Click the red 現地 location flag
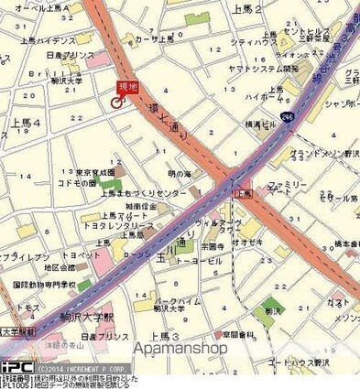point(127,87)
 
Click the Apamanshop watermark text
point(205,349)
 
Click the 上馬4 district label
point(25,122)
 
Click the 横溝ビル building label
point(259,124)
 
